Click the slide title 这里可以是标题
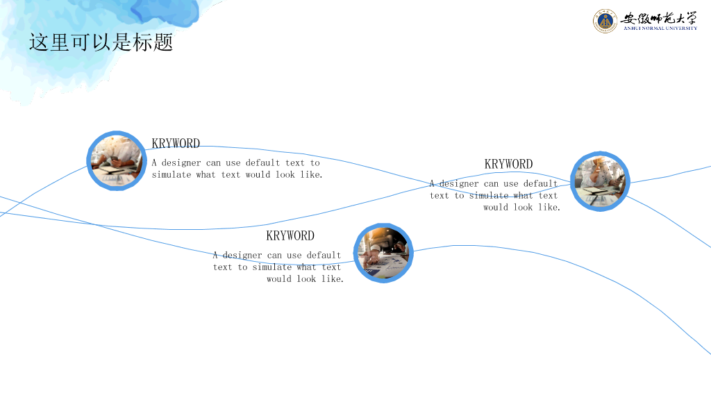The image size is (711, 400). coord(101,42)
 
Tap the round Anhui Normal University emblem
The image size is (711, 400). coord(605,21)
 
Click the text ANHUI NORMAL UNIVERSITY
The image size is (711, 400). coord(660,28)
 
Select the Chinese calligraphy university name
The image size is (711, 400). coord(658,18)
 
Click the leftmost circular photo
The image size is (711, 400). coord(117,160)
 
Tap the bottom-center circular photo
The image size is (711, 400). coord(383,253)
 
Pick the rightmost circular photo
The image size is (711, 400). coord(600,181)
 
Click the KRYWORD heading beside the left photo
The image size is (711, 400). coord(176,143)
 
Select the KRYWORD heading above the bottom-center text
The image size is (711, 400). coord(290,236)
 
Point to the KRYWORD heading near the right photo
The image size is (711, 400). coord(508,164)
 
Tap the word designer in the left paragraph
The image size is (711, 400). coord(181,162)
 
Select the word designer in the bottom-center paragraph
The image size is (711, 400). coord(242,256)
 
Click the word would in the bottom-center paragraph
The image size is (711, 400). coord(279,279)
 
